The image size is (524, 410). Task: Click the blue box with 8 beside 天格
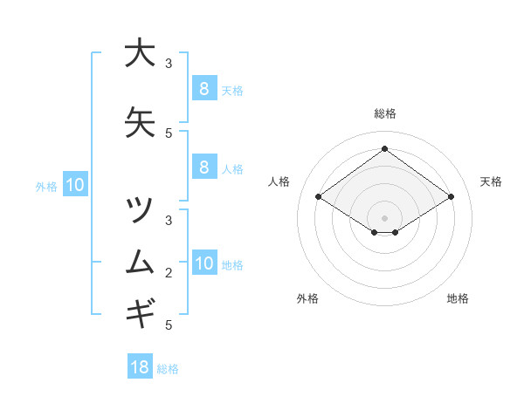[203, 88]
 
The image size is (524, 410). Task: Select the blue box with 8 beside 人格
[203, 167]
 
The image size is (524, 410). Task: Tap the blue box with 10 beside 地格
[203, 263]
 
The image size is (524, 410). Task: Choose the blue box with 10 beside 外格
[75, 185]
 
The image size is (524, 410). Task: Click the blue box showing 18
[140, 367]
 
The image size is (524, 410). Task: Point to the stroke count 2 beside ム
[169, 273]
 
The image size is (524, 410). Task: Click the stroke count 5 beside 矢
[169, 133]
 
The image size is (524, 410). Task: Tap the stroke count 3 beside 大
[169, 64]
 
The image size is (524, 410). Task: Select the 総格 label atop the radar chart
[384, 113]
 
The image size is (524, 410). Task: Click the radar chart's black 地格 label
[458, 298]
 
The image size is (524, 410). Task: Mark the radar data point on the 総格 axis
[384, 149]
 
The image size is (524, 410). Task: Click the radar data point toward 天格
[451, 197]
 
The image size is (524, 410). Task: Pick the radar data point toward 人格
[318, 197]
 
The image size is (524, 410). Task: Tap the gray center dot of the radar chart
[384, 217]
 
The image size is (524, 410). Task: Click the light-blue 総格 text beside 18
[168, 369]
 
